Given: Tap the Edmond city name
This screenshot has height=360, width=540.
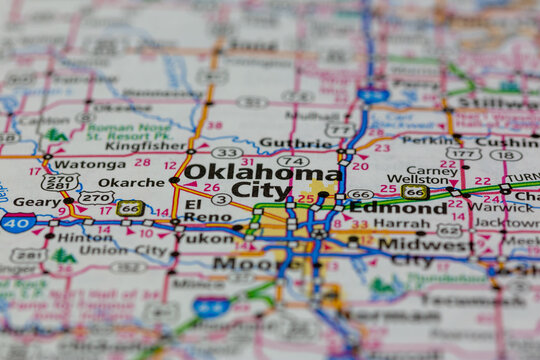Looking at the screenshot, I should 398,208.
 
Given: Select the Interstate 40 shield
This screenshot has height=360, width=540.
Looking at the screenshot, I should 18,222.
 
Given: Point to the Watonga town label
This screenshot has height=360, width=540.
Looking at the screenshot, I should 89,163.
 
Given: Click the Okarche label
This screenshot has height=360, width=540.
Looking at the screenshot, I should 131,182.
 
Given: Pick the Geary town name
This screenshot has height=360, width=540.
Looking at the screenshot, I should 36,201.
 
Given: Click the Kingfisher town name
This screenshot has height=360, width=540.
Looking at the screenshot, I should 146,145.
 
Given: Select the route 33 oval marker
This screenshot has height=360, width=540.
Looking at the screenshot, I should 227,153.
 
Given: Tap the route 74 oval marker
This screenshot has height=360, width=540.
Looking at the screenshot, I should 293,161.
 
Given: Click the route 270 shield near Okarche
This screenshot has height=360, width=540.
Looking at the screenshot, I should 98,198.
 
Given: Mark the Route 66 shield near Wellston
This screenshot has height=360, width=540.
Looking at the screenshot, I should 415,192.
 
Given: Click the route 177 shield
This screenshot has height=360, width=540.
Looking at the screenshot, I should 464,154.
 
